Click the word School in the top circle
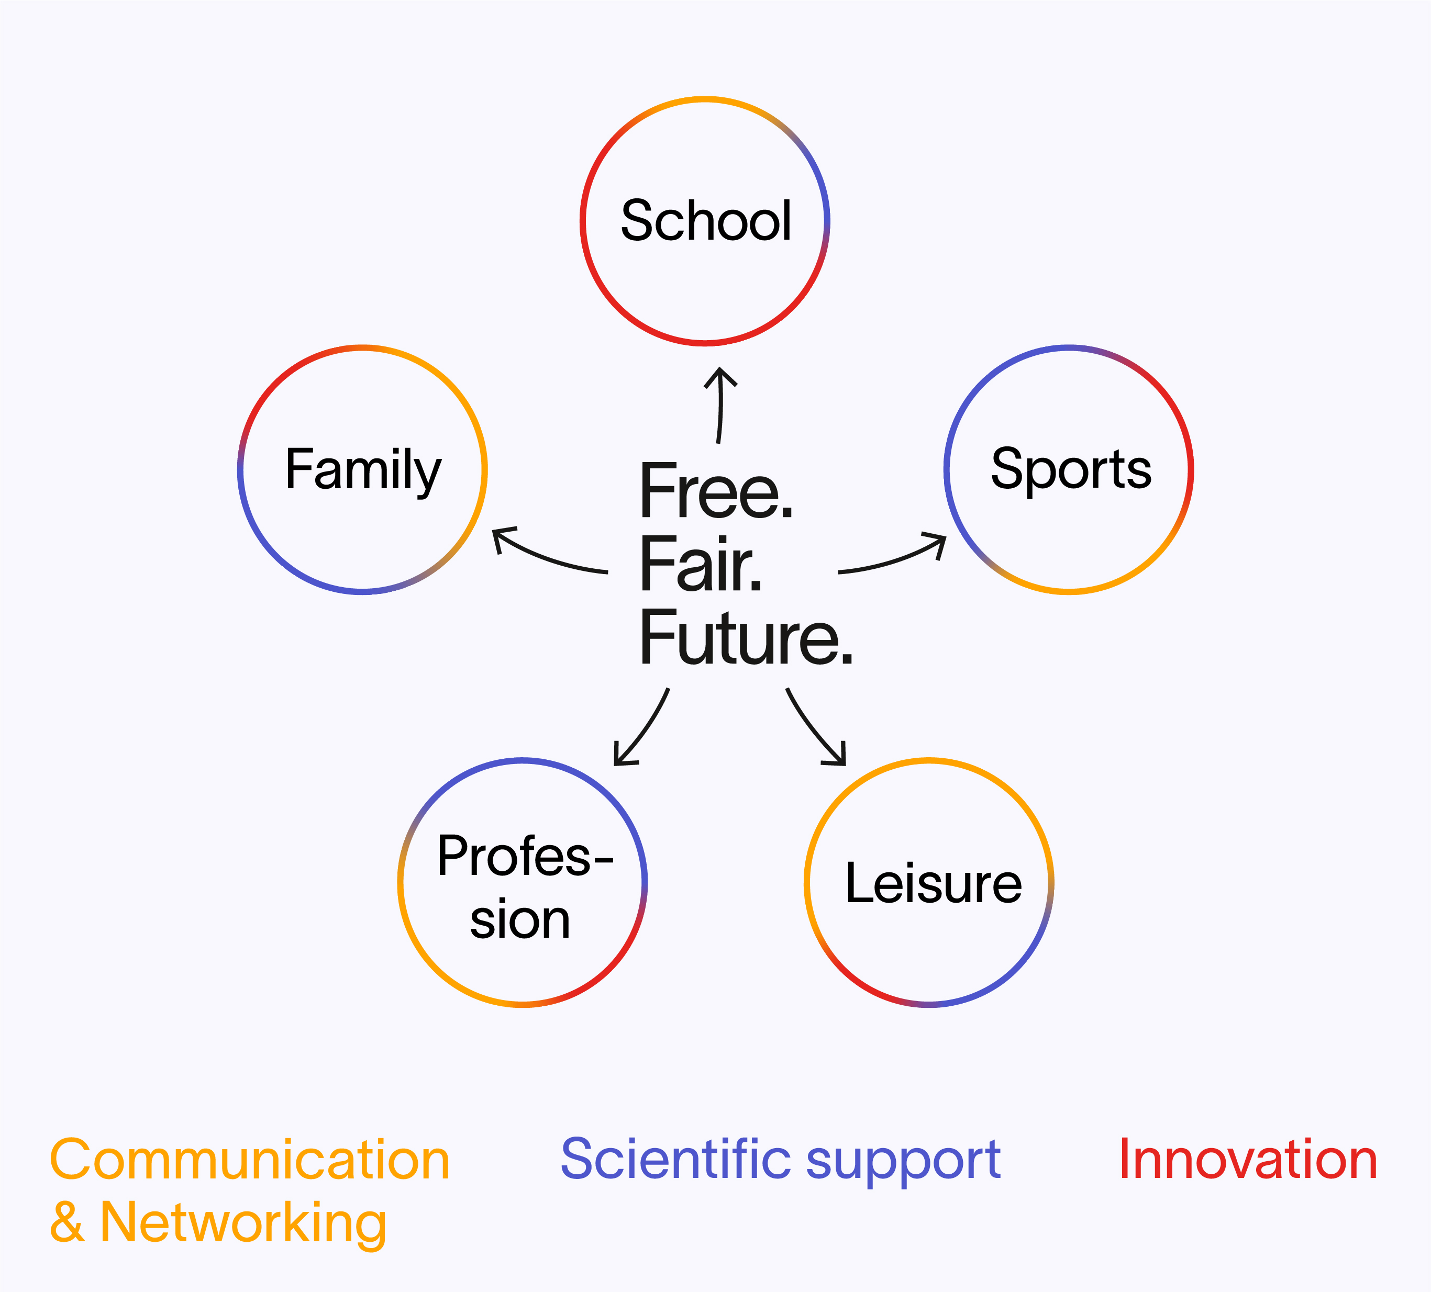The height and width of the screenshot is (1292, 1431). pyautogui.click(x=706, y=221)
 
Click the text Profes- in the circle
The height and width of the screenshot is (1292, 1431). pyautogui.click(x=525, y=857)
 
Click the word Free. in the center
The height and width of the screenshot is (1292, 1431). pyautogui.click(x=715, y=491)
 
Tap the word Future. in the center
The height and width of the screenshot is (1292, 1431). pyautogui.click(x=746, y=638)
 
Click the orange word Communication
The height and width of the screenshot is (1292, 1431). pyautogui.click(x=250, y=1160)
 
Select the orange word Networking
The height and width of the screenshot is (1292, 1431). pyautogui.click(x=243, y=1224)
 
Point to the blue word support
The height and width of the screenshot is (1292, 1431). pyautogui.click(x=903, y=1164)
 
